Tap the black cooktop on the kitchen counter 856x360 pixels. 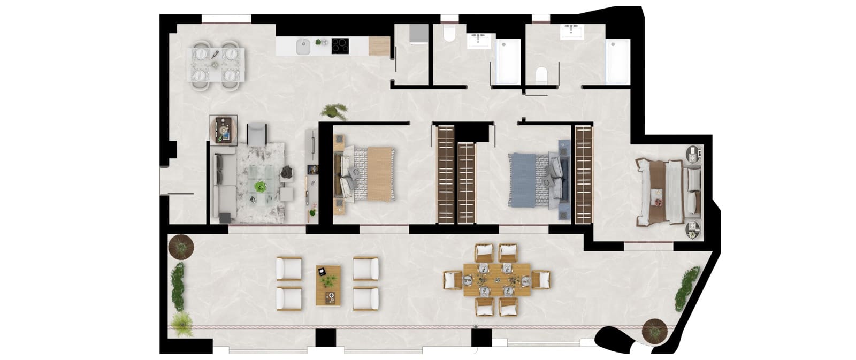pyautogui.click(x=339, y=45)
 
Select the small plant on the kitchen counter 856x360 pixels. pyautogui.click(x=320, y=41)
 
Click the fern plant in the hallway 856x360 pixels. pyautogui.click(x=333, y=111)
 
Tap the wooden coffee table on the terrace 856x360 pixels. pyautogui.click(x=327, y=285)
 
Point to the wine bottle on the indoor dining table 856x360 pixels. pyautogui.click(x=215, y=54)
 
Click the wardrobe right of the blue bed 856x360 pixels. pyautogui.click(x=583, y=174)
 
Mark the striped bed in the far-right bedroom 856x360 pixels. pyautogui.click(x=666, y=192)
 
